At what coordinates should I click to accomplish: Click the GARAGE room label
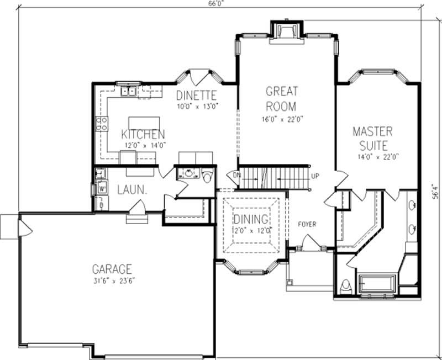pos(112,269)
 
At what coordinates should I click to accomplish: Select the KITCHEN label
pos(143,135)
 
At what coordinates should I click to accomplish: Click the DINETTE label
pos(196,95)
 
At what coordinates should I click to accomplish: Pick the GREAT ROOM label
pos(281,98)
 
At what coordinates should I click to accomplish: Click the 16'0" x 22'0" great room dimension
pos(282,119)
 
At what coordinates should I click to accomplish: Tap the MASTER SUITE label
pos(373,139)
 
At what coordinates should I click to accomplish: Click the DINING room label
pos(250,219)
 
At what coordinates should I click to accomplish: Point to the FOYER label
pos(307,224)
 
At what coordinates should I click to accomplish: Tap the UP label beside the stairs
pos(315,176)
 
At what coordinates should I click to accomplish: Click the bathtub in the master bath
pos(378,284)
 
